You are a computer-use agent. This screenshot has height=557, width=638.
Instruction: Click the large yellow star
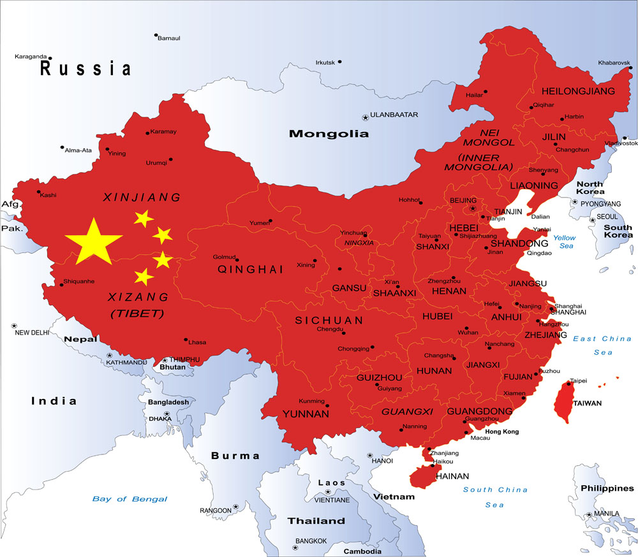(x=93, y=242)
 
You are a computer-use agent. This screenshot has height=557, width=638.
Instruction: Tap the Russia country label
(x=85, y=68)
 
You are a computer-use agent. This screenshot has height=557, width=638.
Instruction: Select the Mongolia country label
(x=329, y=134)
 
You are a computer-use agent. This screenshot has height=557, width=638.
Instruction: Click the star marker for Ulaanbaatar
(x=366, y=117)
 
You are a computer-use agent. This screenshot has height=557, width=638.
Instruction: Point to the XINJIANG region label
(x=142, y=198)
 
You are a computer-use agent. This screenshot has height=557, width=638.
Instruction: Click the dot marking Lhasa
(x=186, y=340)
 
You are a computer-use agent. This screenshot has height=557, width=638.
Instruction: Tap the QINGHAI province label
(x=250, y=270)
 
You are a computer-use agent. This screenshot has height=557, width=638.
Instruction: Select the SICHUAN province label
(x=329, y=321)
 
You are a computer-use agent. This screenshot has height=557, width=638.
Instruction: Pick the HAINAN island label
(x=452, y=476)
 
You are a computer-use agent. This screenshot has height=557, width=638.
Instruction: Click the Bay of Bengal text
(x=130, y=499)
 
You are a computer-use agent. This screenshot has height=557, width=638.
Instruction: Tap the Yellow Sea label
(x=564, y=242)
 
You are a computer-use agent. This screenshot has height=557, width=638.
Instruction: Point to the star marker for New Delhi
(x=13, y=326)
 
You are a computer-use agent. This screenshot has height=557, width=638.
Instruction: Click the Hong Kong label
(x=502, y=431)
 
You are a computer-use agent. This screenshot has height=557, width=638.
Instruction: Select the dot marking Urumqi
(x=170, y=159)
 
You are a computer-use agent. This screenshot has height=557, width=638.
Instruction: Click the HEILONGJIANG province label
(x=578, y=91)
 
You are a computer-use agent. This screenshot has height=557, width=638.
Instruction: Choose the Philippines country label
(x=607, y=488)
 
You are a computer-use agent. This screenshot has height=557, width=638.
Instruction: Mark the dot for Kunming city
(x=327, y=405)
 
